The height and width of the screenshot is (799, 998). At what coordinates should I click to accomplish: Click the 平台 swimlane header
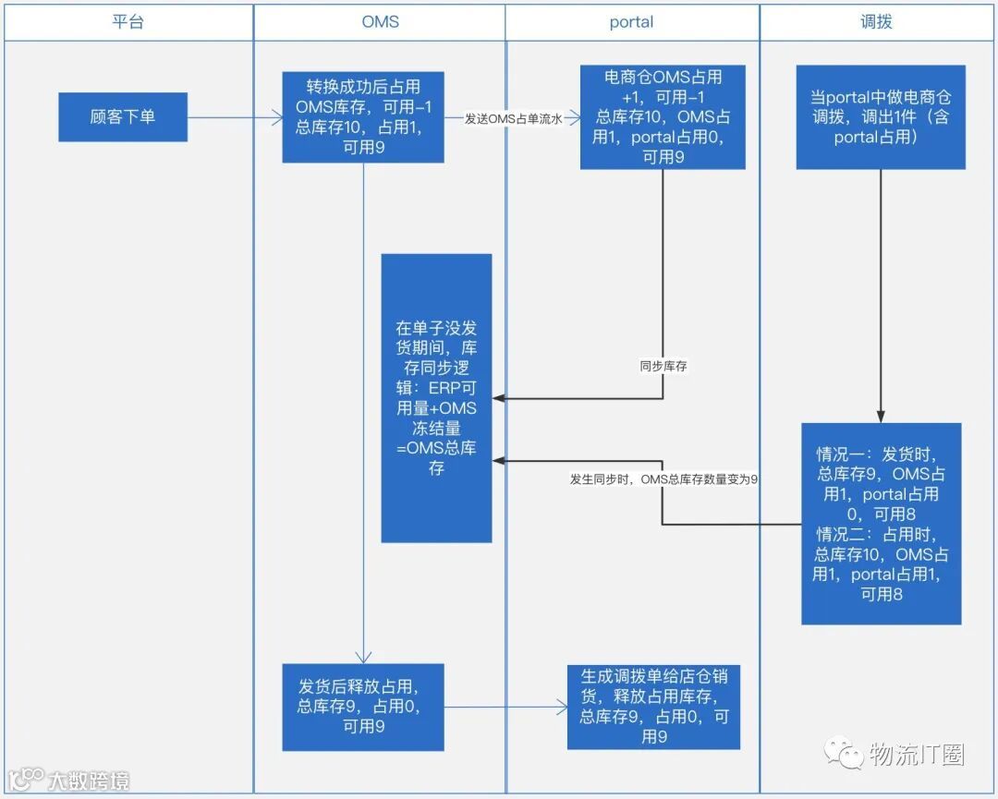pos(128,22)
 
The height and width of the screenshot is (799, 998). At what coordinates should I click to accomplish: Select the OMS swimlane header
pos(380,22)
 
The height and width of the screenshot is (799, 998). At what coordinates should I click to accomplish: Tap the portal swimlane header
pos(631,22)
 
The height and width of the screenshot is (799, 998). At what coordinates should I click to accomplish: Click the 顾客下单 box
pos(123,117)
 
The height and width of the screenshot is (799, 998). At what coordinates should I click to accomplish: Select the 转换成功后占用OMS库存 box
pos(363,117)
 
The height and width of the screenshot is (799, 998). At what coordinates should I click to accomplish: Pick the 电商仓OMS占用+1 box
pos(663,117)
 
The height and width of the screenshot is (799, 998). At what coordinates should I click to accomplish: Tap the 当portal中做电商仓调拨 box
pos(880,117)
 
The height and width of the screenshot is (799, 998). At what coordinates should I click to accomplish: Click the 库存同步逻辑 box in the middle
pos(436,398)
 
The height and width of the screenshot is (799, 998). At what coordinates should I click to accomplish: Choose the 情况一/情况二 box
pos(881,524)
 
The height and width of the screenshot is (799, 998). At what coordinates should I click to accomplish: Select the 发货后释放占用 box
pos(363,707)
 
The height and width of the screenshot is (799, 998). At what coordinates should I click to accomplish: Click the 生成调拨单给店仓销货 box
pos(654,707)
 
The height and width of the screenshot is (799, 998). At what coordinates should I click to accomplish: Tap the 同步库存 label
pos(663,367)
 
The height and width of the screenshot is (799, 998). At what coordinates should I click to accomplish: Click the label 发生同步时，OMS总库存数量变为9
pos(663,479)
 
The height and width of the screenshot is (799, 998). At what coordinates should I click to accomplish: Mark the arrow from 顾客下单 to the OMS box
pos(235,117)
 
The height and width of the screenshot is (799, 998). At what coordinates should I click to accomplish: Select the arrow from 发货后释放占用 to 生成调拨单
pos(506,708)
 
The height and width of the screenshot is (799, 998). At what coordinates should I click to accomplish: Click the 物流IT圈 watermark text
pos(916,755)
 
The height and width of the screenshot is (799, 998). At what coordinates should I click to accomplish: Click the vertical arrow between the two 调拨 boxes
pos(880,296)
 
